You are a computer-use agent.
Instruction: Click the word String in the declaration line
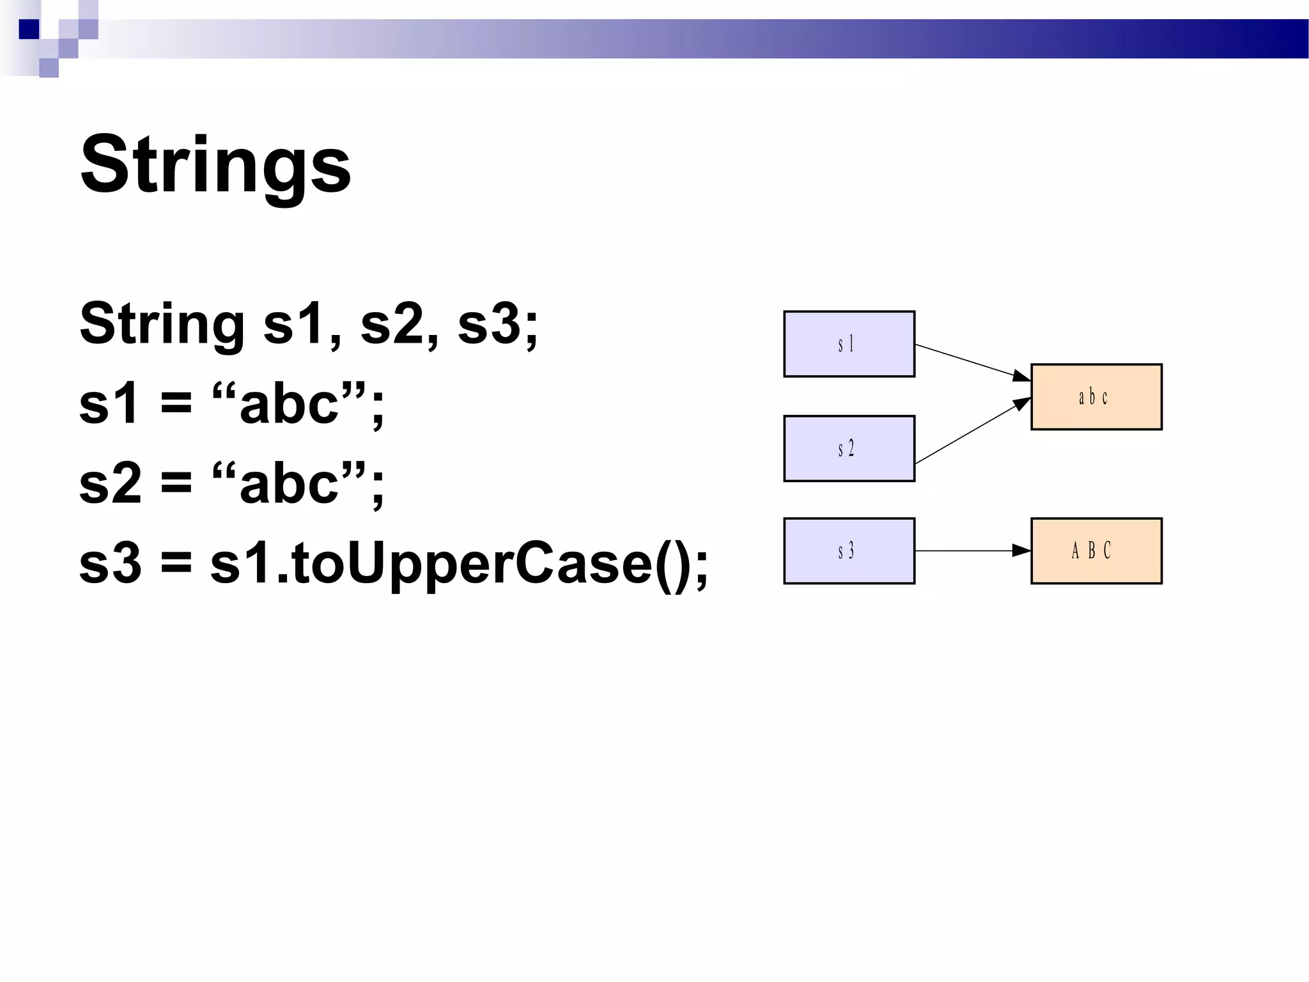tap(162, 324)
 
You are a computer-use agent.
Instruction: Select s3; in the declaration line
tap(498, 324)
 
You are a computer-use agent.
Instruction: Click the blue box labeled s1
tap(849, 344)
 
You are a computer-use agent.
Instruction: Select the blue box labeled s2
tap(849, 448)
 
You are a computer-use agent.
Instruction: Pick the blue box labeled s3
tap(849, 550)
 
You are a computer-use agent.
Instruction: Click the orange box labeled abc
tap(1096, 397)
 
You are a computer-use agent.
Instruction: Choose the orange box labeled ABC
tap(1096, 550)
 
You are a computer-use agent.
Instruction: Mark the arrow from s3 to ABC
tap(965, 550)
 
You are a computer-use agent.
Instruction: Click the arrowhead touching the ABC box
tap(1021, 550)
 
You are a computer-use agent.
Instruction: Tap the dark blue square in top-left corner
tap(29, 29)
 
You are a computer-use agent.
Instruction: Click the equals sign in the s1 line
tap(176, 405)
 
